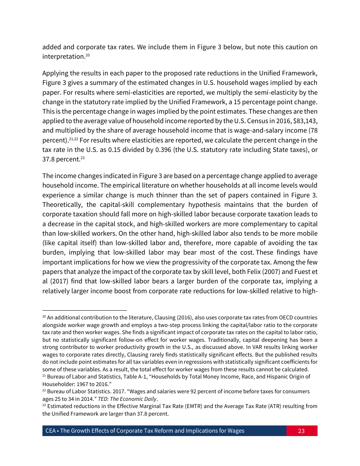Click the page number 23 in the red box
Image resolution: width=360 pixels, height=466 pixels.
coord(301,431)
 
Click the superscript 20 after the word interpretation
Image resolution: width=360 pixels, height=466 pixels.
coord(87,55)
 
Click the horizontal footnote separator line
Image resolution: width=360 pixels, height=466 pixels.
coord(84,310)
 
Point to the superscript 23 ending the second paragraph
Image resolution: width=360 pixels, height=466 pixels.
coord(82,158)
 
